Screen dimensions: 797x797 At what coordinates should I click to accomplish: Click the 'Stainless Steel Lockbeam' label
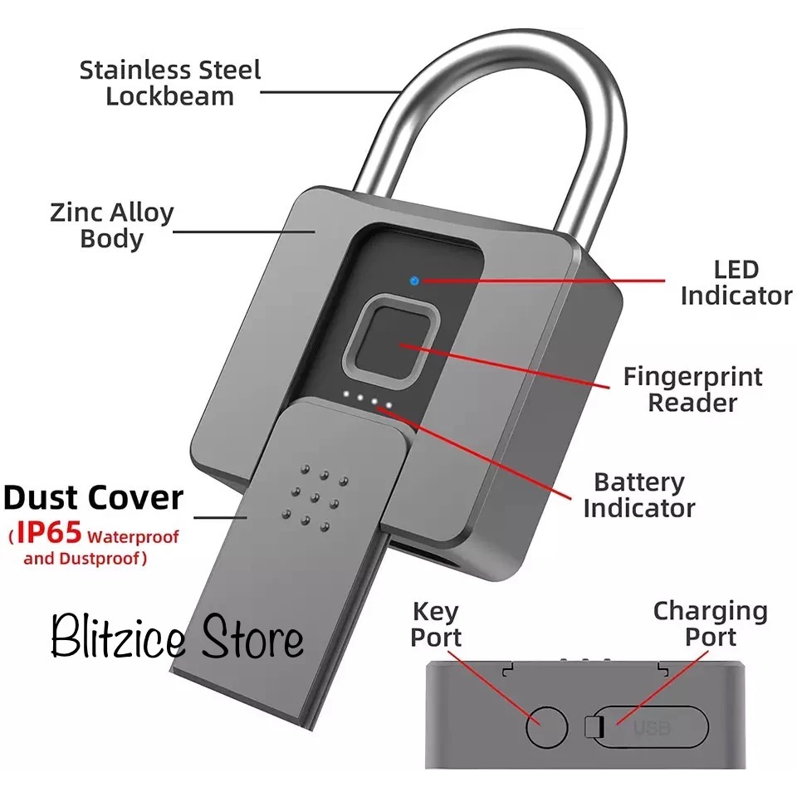pyautogui.click(x=170, y=82)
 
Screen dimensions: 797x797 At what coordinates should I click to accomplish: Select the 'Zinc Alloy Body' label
pyautogui.click(x=111, y=225)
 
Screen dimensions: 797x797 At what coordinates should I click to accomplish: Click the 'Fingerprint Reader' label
pyautogui.click(x=692, y=389)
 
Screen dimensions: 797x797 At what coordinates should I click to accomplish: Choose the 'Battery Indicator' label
pyautogui.click(x=638, y=495)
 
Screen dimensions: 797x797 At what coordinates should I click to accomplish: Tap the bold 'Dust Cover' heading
pyautogui.click(x=93, y=497)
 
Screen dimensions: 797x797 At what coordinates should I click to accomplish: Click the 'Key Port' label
pyautogui.click(x=436, y=625)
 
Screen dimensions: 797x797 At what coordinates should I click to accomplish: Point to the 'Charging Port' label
pyautogui.click(x=710, y=623)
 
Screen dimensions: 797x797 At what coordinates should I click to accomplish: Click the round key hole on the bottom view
pyautogui.click(x=546, y=727)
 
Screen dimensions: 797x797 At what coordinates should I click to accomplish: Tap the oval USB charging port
pyautogui.click(x=652, y=728)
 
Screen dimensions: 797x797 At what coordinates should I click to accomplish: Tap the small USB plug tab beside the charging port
pyautogui.click(x=592, y=728)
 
